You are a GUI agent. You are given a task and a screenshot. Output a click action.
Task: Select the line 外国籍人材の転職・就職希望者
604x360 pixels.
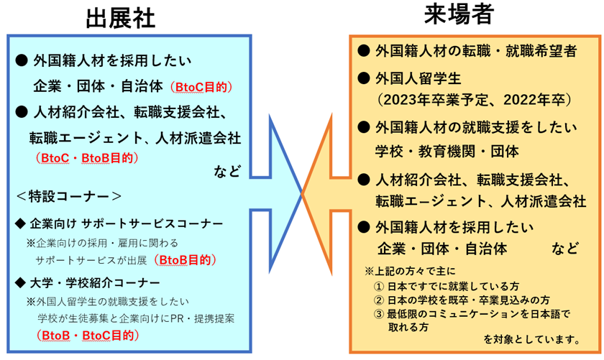point(475,51)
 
